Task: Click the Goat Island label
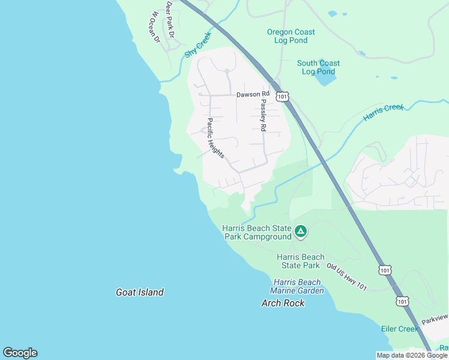[139, 292]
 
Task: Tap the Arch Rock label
[283, 303]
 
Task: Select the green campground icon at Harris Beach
[301, 230]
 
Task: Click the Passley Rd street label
[263, 115]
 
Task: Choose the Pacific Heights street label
[215, 138]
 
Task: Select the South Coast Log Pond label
[318, 67]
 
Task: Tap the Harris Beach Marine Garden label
[298, 286]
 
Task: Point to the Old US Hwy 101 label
[347, 277]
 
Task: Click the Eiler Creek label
[400, 329]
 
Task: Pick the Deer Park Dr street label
[170, 20]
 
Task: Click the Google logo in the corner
[20, 353]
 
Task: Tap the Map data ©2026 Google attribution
[412, 355]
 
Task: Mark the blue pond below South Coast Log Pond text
[325, 80]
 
